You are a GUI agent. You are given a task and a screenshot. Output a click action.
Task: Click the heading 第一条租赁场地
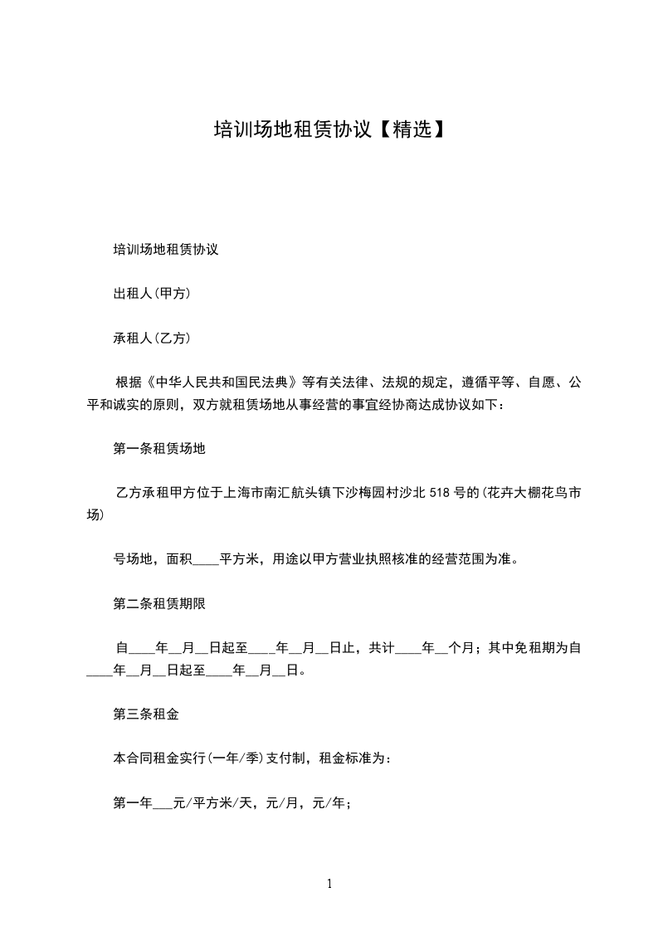(x=159, y=449)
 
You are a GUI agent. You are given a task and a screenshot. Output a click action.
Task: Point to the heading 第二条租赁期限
(x=159, y=604)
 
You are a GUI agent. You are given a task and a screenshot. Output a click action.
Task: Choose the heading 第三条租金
(x=146, y=713)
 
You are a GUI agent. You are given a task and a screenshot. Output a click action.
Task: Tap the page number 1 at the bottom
(x=329, y=884)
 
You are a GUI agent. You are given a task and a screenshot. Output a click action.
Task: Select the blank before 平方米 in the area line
(x=205, y=559)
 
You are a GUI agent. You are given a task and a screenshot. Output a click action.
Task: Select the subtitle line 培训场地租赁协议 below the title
(x=165, y=249)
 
